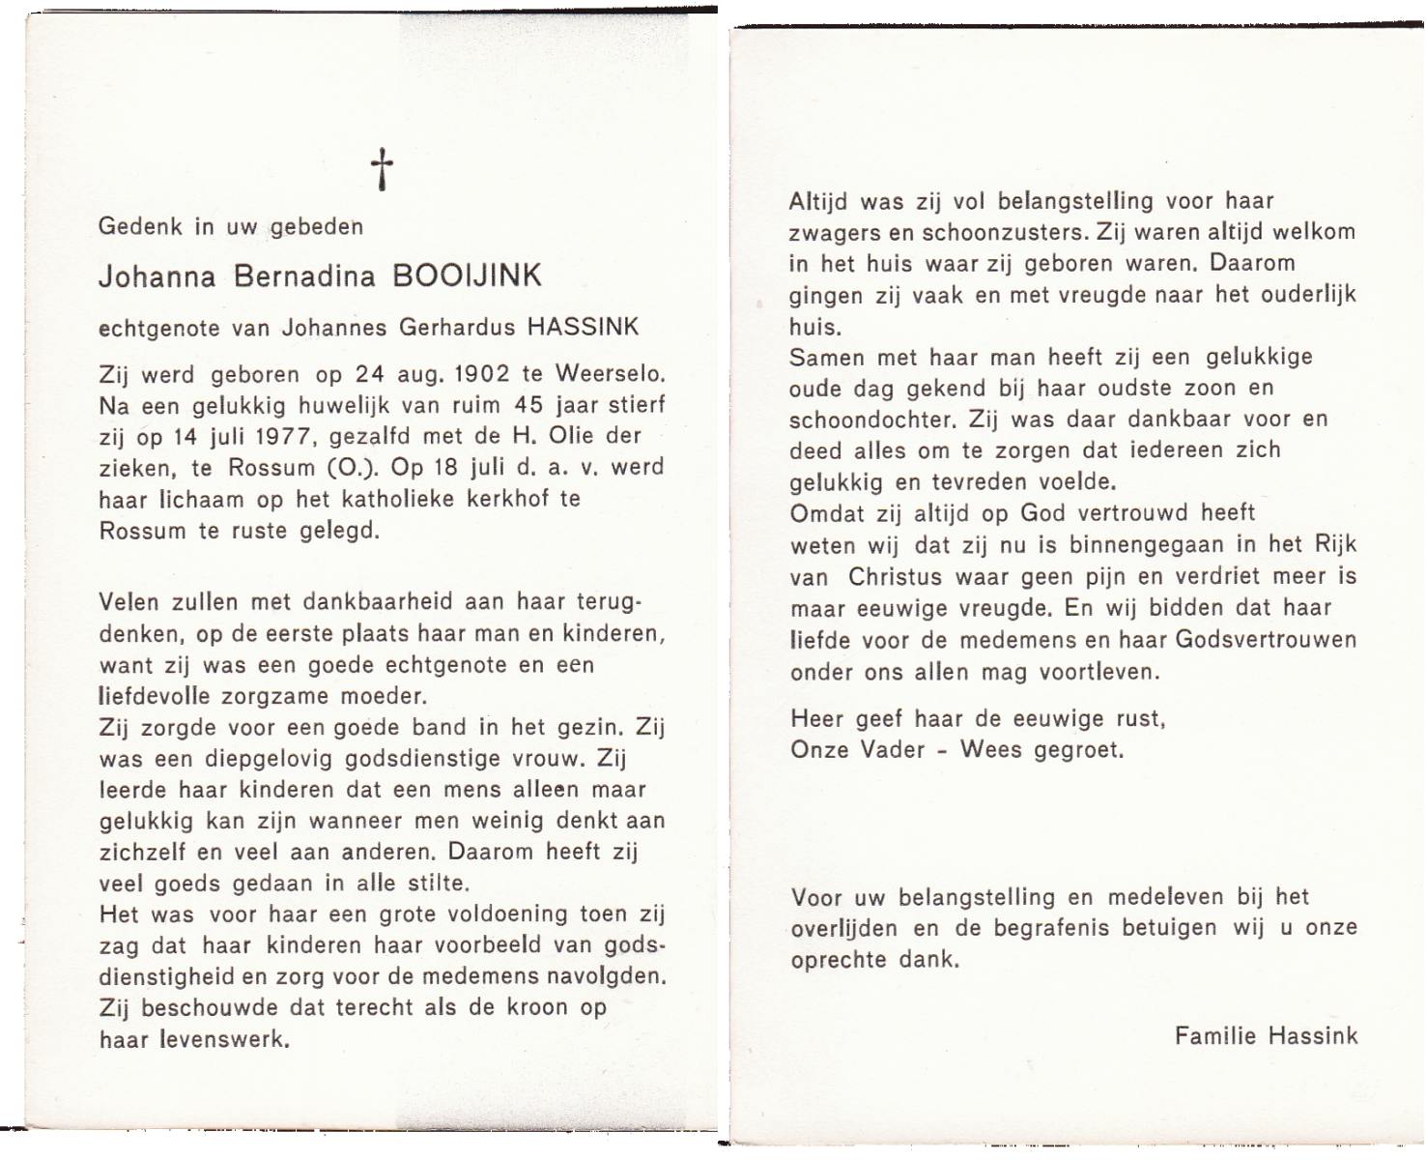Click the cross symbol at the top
382,169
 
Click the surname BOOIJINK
467,276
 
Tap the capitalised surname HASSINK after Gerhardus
583,327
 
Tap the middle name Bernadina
303,276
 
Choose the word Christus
895,577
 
